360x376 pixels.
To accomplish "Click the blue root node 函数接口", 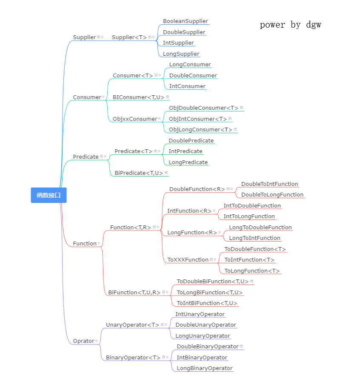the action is tap(49, 195).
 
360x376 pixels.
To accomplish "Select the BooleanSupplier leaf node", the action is tap(185, 21).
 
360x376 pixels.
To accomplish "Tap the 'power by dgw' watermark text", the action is tap(290, 25).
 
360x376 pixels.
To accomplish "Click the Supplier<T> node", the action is tap(129, 37).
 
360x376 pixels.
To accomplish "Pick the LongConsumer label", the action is tap(190, 65).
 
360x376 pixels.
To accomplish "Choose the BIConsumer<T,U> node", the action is tap(138, 97).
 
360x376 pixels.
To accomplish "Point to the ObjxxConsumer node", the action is tap(134, 119).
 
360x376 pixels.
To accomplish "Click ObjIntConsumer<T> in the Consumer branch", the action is tap(198, 119).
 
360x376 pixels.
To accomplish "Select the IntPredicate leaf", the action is tap(186, 151).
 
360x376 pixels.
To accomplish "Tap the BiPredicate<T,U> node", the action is tap(139, 173).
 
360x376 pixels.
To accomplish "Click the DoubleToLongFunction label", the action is tap(272, 194).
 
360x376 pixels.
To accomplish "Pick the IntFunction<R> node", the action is tap(189, 211).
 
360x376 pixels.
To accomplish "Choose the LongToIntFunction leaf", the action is tap(254, 238).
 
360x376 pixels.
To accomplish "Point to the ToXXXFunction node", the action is tap(188, 259).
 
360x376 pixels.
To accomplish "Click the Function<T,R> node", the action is tap(131, 227).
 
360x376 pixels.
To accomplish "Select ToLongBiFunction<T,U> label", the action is tap(210, 292).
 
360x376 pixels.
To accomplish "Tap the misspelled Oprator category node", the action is tap(83, 341).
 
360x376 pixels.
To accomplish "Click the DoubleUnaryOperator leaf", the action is tap(206, 325).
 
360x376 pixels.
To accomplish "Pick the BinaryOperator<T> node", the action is tap(133, 357).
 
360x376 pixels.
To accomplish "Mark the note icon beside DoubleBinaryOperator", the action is tap(241, 346).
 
